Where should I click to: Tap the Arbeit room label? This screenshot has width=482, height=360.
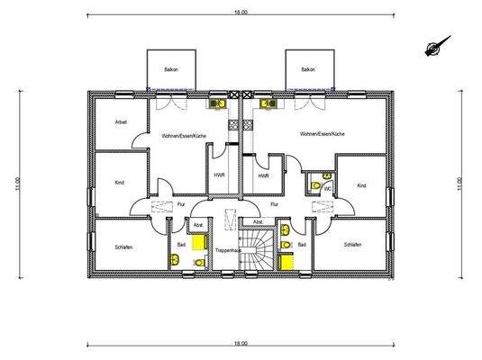click(121, 121)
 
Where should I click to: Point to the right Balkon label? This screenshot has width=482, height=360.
click(308, 69)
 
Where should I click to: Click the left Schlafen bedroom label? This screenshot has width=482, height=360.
click(125, 246)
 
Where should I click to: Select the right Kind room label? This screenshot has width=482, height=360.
click(361, 185)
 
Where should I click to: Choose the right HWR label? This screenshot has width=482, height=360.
click(263, 176)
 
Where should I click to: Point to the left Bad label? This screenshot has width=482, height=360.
click(180, 244)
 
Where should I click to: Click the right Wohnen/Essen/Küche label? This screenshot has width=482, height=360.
click(323, 134)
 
